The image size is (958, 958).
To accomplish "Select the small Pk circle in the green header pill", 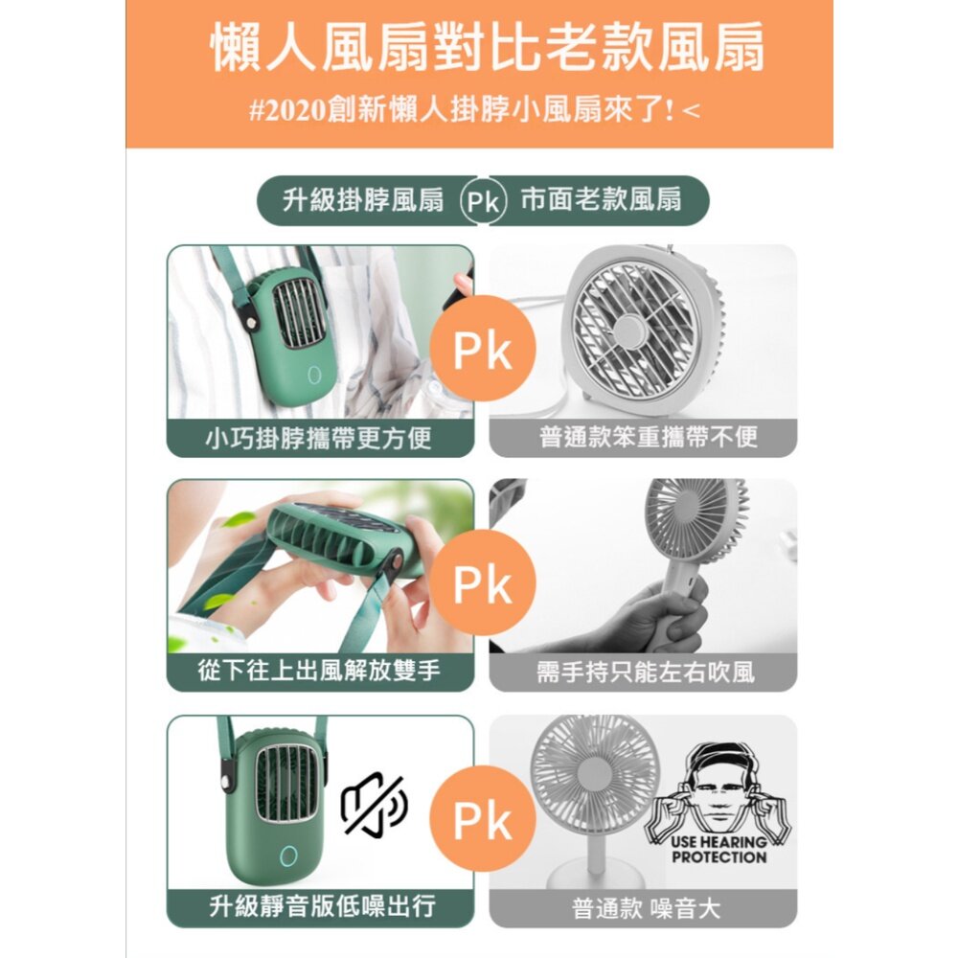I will tap(483, 201).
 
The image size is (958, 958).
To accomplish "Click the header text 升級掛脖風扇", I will tap(364, 200).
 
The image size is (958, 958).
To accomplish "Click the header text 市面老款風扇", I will tap(601, 200).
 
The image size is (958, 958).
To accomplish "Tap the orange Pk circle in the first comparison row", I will tap(482, 349).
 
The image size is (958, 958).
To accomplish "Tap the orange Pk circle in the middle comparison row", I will tap(482, 583).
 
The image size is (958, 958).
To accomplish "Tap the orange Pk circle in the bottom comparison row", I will tap(482, 819).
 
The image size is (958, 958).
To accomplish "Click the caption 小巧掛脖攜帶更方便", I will tap(320, 438).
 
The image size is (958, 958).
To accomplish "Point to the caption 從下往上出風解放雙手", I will tap(320, 672).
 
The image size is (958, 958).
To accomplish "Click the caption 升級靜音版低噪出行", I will tap(320, 905).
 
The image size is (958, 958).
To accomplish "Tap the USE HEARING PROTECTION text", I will tap(718, 850).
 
